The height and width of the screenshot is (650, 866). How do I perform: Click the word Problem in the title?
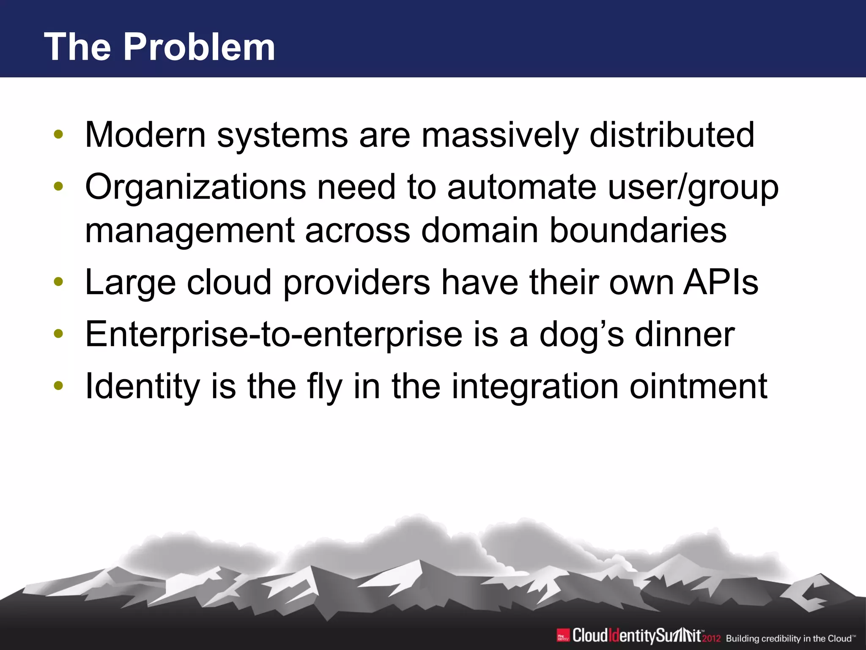(x=199, y=47)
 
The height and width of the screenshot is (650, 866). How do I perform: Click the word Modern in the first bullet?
(x=145, y=135)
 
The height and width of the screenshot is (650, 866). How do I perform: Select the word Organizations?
(x=195, y=188)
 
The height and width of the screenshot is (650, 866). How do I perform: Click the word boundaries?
(x=638, y=231)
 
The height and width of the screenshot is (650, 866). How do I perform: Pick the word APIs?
(x=721, y=283)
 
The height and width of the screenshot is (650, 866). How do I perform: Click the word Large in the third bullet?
(x=130, y=283)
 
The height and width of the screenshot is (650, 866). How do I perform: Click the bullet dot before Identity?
(x=58, y=386)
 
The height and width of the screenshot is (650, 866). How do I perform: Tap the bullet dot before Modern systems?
(x=58, y=135)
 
